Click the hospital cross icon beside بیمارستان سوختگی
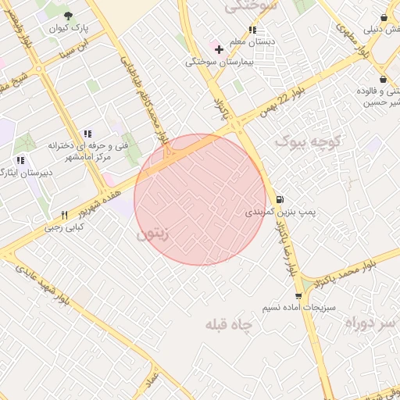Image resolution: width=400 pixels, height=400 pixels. click(x=219, y=49)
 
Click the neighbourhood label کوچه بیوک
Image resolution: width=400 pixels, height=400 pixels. click(x=309, y=141)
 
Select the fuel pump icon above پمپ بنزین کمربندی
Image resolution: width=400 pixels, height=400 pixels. click(x=280, y=198)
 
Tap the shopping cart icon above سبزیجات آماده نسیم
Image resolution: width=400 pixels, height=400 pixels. click(x=298, y=295)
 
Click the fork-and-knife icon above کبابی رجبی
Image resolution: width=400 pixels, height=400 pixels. click(x=64, y=215)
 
